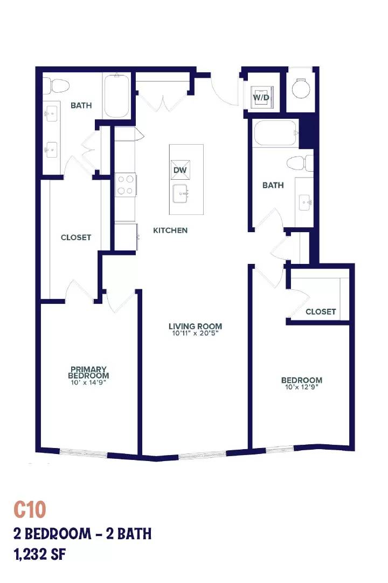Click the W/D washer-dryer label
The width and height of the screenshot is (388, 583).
(x=261, y=97)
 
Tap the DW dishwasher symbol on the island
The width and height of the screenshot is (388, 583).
(x=180, y=170)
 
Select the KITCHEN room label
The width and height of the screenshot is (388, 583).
(x=170, y=231)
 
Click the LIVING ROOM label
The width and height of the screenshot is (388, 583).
(x=195, y=326)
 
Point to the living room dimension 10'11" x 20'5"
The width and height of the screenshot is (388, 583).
(x=195, y=333)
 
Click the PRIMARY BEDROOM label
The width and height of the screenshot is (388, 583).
(x=88, y=372)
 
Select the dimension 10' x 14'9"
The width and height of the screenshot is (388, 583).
(x=88, y=382)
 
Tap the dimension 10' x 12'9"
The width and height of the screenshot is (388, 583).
(x=301, y=387)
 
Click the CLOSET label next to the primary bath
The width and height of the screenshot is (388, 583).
(x=76, y=237)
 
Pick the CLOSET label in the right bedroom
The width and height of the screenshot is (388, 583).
(x=321, y=311)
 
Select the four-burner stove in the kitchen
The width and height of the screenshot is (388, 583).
(x=126, y=185)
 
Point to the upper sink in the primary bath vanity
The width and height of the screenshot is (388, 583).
(x=52, y=111)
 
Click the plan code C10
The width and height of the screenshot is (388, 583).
(x=30, y=510)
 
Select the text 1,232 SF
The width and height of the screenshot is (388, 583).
(x=40, y=554)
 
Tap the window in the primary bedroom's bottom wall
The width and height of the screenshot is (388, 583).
(x=83, y=453)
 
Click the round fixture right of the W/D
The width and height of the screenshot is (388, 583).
(x=301, y=88)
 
